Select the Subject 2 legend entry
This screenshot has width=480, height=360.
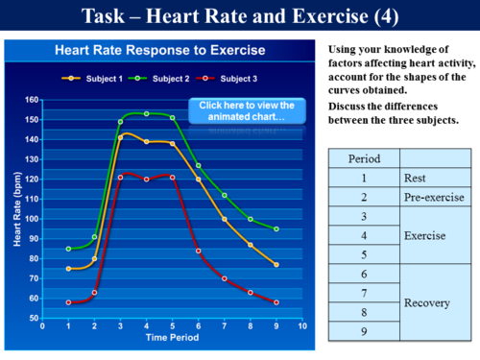160,78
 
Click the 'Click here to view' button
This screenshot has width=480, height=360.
249,110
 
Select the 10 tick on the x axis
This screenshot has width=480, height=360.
302,326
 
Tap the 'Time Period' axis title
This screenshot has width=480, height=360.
173,338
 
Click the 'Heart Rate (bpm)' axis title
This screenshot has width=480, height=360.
17,208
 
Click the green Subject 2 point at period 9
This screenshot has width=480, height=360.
276,229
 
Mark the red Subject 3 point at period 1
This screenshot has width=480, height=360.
68,302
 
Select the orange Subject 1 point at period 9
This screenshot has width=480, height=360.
276,265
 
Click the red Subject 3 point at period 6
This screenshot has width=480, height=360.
199,251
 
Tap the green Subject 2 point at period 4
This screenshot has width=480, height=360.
147,113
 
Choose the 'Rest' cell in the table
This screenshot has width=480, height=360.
438,178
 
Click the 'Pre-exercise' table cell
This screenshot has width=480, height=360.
438,197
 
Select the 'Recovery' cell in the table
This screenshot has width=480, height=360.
438,302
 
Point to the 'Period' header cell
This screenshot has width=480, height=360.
363,157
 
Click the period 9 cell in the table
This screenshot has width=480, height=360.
363,332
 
